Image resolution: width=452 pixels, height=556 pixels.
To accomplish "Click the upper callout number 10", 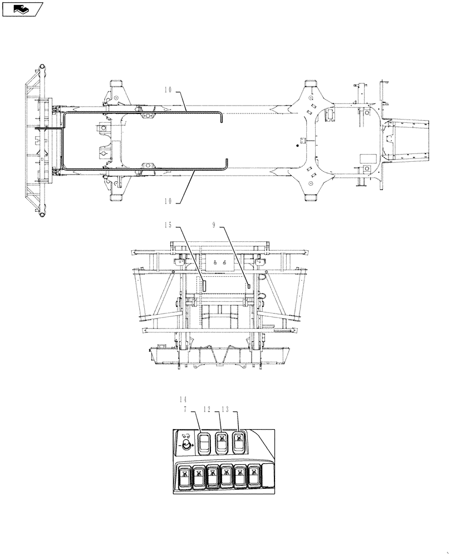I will click(169, 89).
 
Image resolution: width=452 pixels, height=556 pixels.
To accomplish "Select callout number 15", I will click(169, 225).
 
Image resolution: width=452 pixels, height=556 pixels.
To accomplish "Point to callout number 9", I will click(214, 225).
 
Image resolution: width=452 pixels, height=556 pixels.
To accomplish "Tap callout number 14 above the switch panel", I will click(184, 399).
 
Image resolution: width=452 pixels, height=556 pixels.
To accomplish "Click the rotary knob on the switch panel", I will click(186, 445).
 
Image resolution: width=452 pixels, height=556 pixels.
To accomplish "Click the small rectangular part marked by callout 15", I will click(204, 285).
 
